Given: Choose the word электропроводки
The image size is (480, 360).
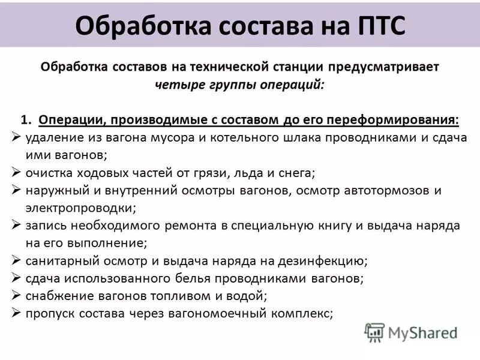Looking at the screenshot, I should (80, 208).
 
